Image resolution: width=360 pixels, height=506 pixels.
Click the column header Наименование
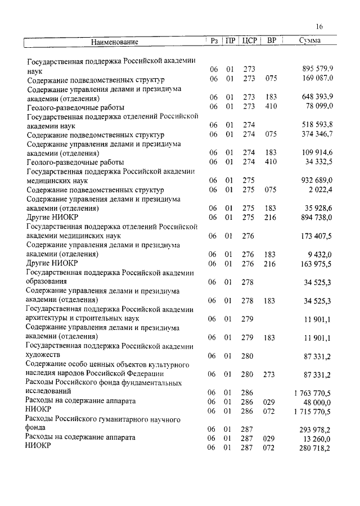(115, 42)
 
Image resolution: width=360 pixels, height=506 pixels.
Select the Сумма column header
(310, 41)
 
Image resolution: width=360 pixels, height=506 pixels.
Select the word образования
(47, 281)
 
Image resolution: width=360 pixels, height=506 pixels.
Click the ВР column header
(272, 41)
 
